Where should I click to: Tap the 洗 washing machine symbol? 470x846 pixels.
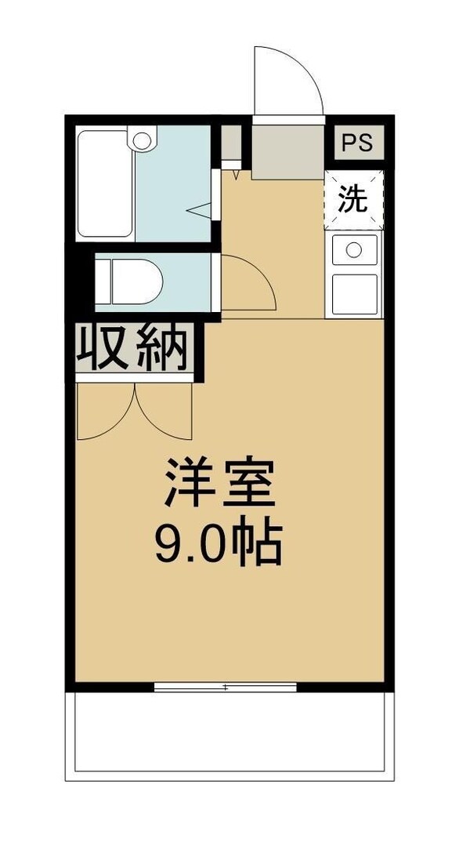click(x=353, y=200)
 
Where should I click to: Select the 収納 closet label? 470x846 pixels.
click(x=134, y=348)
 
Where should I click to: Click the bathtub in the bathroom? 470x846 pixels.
click(x=105, y=184)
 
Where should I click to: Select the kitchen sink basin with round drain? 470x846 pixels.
click(x=354, y=250)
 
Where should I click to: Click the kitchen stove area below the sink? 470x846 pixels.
click(x=354, y=293)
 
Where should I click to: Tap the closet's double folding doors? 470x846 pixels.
click(x=134, y=412)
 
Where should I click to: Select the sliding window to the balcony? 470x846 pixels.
click(x=226, y=688)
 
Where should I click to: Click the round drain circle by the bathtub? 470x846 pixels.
click(x=142, y=141)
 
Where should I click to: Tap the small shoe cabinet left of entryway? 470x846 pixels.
click(x=231, y=143)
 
